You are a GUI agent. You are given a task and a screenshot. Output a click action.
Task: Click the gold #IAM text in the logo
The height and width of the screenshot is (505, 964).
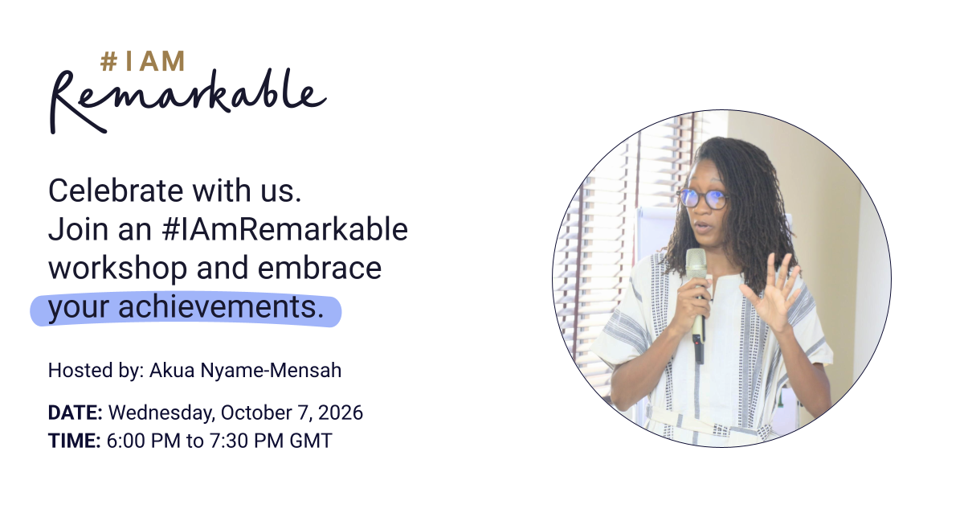click(142, 61)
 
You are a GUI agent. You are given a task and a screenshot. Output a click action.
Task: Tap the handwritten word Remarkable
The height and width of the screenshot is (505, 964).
click(188, 101)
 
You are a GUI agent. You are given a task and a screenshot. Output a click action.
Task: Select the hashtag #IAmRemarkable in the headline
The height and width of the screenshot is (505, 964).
click(285, 229)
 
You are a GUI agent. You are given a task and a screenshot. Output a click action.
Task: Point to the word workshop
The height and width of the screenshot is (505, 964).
click(118, 268)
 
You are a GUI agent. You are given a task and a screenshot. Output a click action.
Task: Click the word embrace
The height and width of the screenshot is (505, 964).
click(320, 268)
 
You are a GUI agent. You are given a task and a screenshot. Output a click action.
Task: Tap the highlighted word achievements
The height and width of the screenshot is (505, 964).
click(221, 307)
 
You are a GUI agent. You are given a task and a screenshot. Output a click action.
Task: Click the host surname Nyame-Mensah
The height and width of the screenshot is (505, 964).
click(272, 371)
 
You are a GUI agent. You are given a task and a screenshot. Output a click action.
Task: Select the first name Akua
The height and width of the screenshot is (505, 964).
click(172, 370)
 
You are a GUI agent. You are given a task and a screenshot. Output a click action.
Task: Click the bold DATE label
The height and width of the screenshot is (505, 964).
click(76, 413)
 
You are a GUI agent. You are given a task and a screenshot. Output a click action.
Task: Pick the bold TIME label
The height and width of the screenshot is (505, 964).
click(75, 441)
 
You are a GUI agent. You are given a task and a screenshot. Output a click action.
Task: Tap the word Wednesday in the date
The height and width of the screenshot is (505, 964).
click(161, 413)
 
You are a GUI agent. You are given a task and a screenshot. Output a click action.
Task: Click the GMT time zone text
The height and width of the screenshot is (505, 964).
click(311, 441)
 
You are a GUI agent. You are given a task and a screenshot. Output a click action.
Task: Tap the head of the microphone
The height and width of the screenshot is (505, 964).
click(696, 264)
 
